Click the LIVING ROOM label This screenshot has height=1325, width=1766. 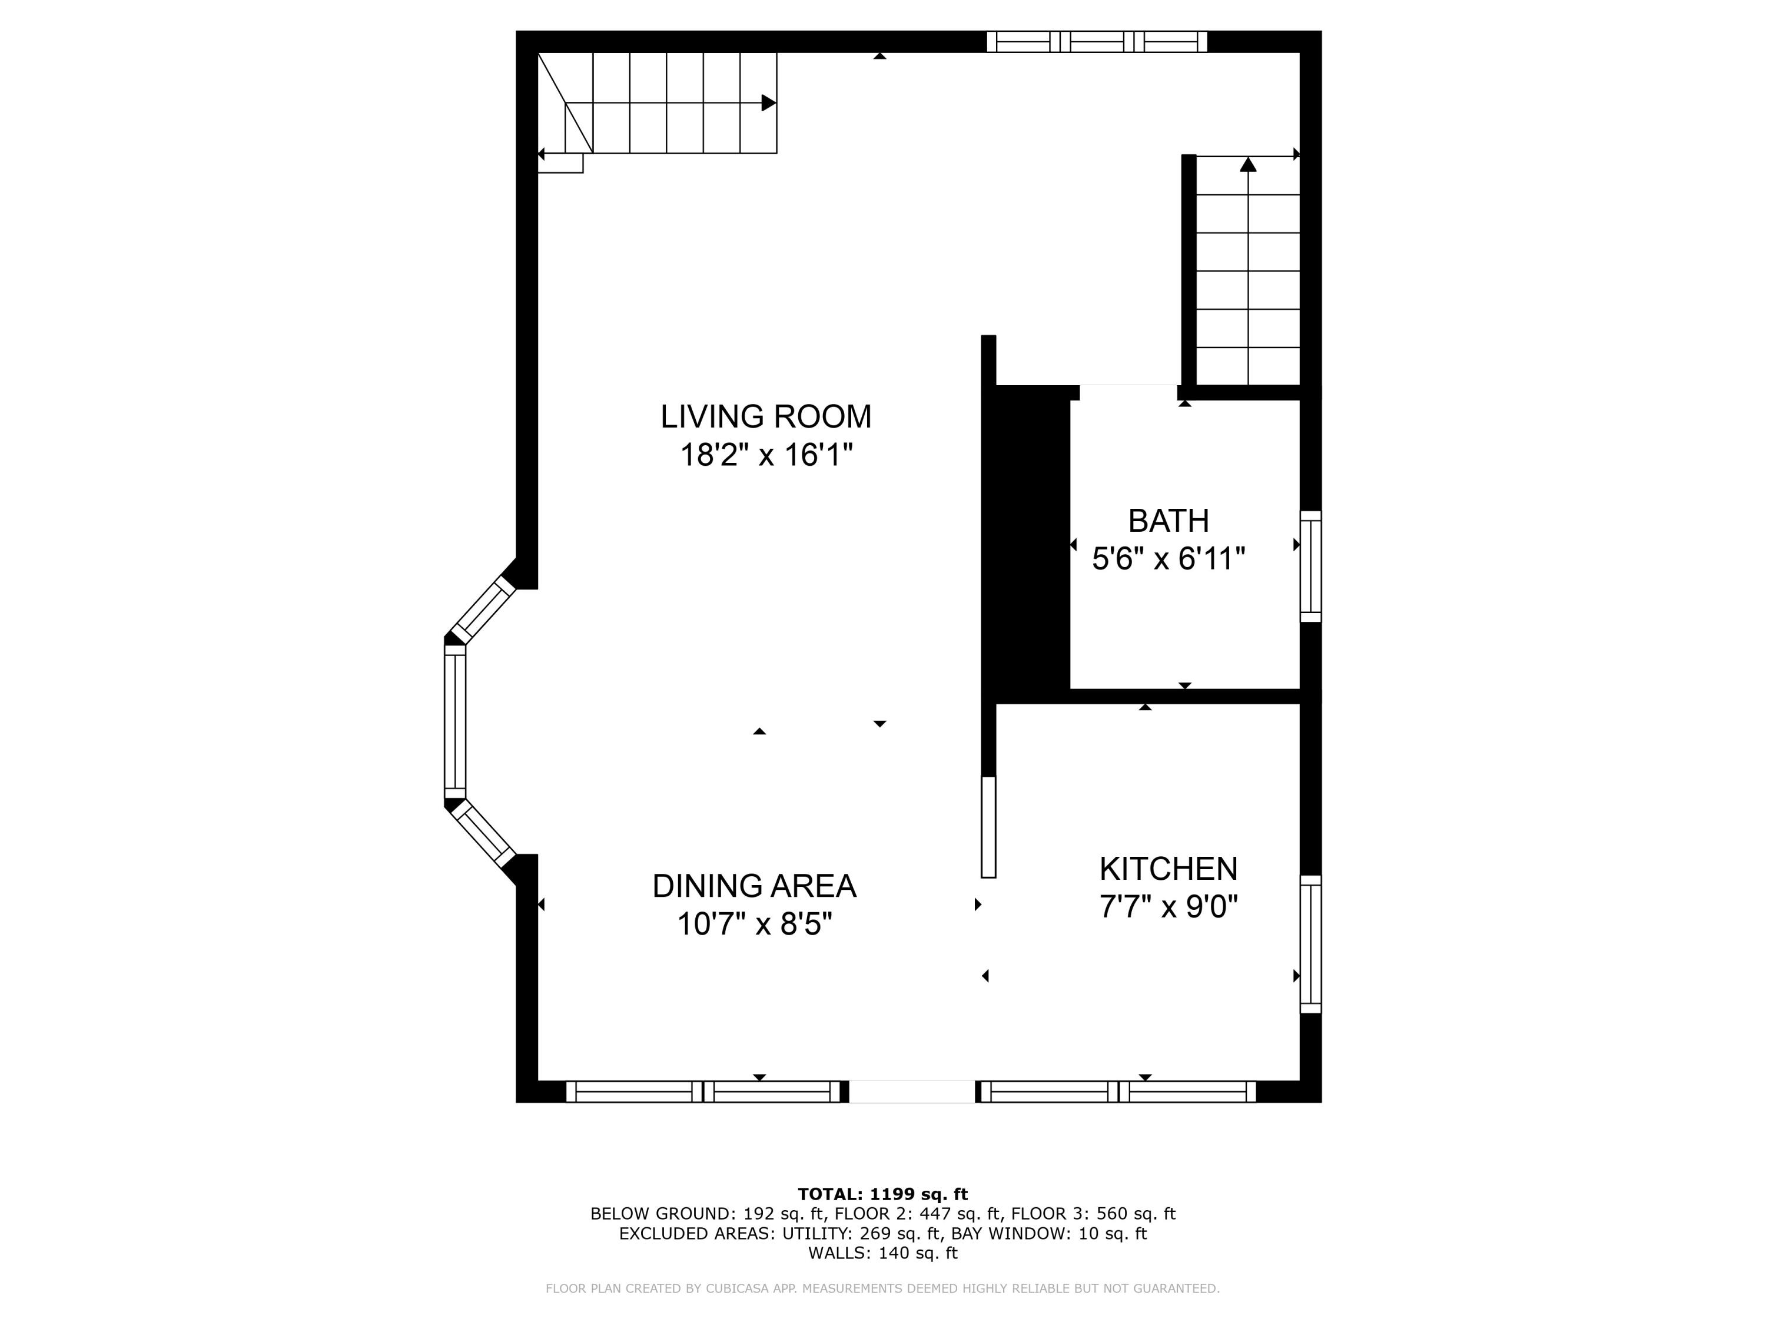click(x=766, y=416)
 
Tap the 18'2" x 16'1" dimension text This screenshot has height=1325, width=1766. click(x=766, y=455)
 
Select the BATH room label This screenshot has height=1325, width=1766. click(x=1168, y=521)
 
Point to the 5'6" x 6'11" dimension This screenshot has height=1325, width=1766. click(x=1168, y=559)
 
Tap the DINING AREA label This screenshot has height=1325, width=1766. click(x=753, y=886)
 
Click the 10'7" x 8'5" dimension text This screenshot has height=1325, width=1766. click(x=753, y=924)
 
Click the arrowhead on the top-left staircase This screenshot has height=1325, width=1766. click(x=768, y=102)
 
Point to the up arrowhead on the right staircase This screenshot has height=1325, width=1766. click(x=1248, y=164)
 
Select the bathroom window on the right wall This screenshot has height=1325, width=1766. click(x=1310, y=567)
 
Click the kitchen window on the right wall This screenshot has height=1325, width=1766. click(x=1310, y=944)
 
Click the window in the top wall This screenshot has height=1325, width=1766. click(x=1096, y=42)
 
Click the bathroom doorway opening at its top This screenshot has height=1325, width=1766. click(x=1127, y=392)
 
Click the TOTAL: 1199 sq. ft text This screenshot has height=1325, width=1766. click(x=882, y=1194)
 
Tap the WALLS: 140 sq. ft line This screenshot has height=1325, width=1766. click(x=882, y=1253)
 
